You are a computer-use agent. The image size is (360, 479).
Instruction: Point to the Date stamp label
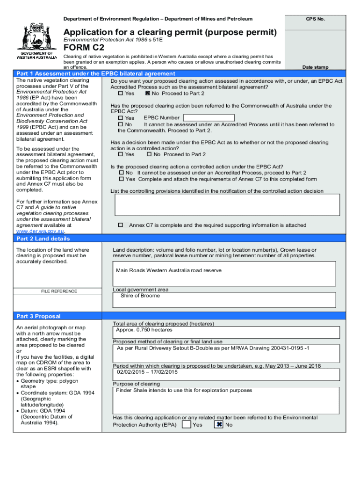315,67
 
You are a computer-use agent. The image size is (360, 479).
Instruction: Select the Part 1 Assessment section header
95,73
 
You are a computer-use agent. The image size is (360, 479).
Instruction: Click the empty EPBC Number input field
209,118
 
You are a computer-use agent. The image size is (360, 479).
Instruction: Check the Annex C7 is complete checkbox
120,225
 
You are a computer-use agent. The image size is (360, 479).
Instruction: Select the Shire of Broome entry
140,296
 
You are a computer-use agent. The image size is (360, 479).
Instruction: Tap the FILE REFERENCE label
59,291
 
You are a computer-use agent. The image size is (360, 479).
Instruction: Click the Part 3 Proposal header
38,316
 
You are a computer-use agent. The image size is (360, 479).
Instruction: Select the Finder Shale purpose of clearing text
184,390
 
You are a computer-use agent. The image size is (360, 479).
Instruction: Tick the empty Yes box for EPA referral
186,425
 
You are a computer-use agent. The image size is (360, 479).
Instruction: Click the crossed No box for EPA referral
219,425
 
